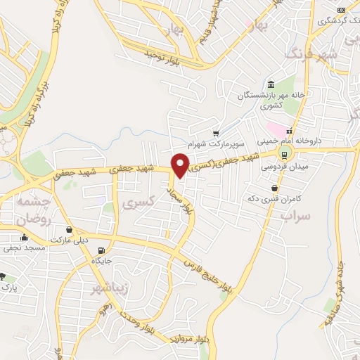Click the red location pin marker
(x=180, y=165)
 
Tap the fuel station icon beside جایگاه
(x=103, y=251)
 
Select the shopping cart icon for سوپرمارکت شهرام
(x=216, y=132)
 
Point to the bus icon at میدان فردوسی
(x=284, y=155)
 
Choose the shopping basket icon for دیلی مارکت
(x=69, y=229)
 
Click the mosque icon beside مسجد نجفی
(x=25, y=238)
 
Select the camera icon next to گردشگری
(x=341, y=9)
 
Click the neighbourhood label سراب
(x=295, y=216)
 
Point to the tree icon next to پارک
(x=4, y=277)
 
